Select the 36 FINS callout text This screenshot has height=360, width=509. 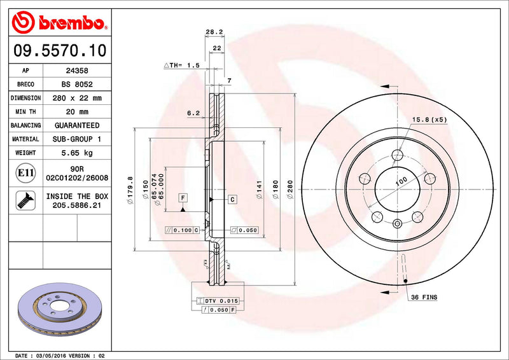424,297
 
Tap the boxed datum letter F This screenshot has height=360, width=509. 182,197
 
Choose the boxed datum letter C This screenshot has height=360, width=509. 232,200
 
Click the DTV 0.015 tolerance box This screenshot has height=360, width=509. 220,300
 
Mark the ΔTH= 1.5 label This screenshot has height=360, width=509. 182,66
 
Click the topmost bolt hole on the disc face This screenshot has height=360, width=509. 398,155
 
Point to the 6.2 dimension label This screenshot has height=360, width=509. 193,113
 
